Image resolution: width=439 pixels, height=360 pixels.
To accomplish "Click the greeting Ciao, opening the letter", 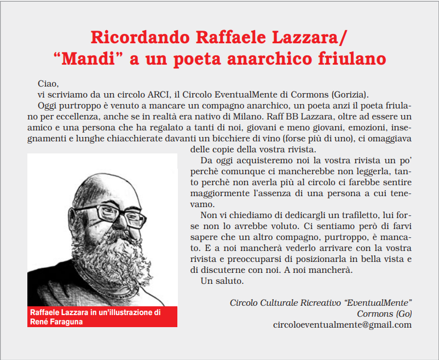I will tap(48, 84).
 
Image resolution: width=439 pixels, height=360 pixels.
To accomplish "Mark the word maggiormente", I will tap(218, 193).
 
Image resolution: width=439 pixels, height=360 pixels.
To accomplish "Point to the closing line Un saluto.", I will tap(222, 281).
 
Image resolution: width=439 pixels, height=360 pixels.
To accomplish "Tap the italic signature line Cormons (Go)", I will tap(384, 313).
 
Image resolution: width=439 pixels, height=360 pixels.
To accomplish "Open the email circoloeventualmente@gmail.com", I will tap(342, 324).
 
